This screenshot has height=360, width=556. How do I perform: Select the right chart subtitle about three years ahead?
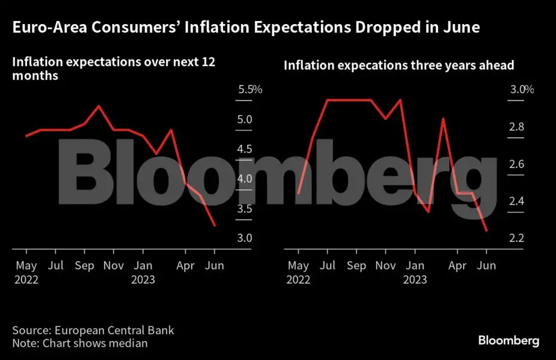pyautogui.click(x=399, y=65)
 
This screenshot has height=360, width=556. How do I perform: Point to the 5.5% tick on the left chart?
pyautogui.click(x=250, y=90)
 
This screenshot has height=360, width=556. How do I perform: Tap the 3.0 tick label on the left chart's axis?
pyautogui.click(x=245, y=238)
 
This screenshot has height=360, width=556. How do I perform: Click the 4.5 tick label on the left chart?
pyautogui.click(x=245, y=149)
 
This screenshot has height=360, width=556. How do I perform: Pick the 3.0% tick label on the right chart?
pyautogui.click(x=521, y=90)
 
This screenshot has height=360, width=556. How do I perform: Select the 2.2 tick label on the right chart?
pyautogui.click(x=517, y=238)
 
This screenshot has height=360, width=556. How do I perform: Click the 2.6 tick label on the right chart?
pyautogui.click(x=517, y=164)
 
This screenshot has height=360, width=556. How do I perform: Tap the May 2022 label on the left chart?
pyautogui.click(x=26, y=272)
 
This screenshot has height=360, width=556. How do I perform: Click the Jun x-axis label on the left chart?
pyautogui.click(x=215, y=265)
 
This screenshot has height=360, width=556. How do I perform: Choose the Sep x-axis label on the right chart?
pyautogui.click(x=356, y=265)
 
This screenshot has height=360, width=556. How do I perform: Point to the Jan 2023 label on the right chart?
pyautogui.click(x=414, y=272)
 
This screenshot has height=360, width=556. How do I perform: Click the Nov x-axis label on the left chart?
pyautogui.click(x=113, y=265)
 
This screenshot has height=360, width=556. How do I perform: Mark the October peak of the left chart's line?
pyautogui.click(x=98, y=106)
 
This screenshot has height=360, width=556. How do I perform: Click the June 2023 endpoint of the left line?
pyautogui.click(x=215, y=226)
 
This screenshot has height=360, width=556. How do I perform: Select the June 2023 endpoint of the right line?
pyautogui.click(x=486, y=230)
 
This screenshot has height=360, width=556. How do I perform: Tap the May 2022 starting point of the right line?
pyautogui.click(x=298, y=193)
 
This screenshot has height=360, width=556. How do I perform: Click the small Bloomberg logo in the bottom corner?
pyautogui.click(x=509, y=341)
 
